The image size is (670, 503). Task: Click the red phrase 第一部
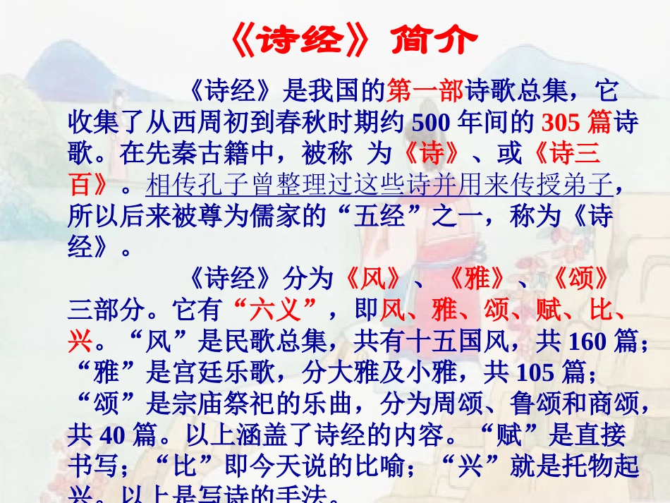pyautogui.click(x=425, y=92)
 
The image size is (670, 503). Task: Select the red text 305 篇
pyautogui.click(x=575, y=123)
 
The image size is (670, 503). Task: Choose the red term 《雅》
pyautogui.click(x=477, y=279)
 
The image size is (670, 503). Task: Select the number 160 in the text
pyautogui.click(x=586, y=341)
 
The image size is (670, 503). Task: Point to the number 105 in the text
pyautogui.click(x=535, y=372)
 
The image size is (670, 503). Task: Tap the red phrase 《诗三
pyautogui.click(x=564, y=154)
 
